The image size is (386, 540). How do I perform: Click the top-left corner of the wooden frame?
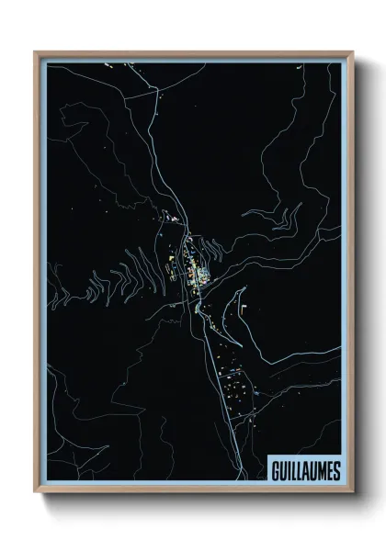[36, 52]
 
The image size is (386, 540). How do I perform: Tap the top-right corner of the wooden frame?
[352, 52]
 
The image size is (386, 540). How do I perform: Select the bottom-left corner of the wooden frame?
[36, 494]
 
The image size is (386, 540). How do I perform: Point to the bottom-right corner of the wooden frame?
[352, 494]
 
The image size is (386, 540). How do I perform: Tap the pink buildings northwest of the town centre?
[170, 218]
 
